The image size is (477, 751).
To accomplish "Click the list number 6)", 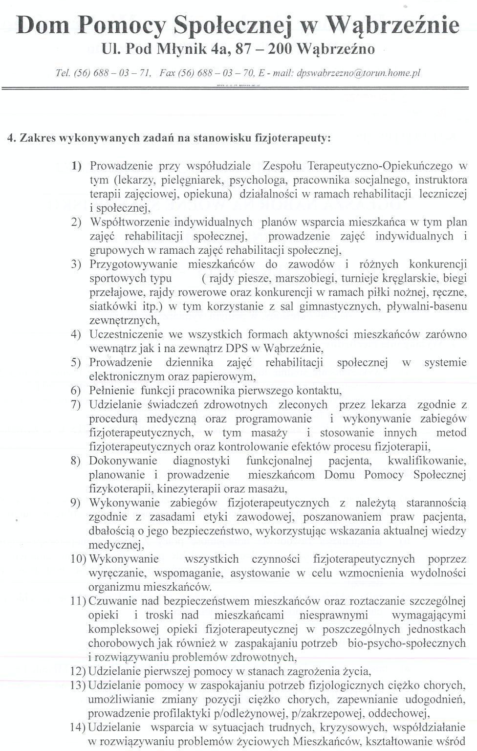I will click(x=76, y=391).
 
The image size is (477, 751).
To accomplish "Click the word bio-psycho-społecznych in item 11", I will click(x=407, y=643).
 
